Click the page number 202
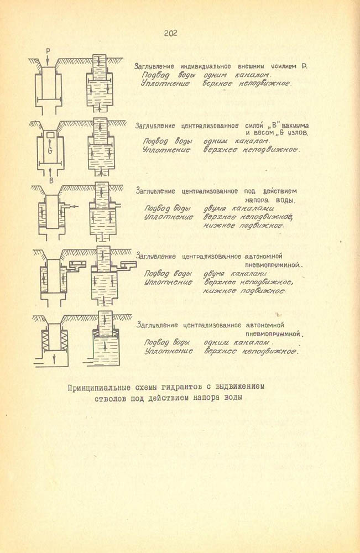[170, 34]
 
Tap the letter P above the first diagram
[48, 51]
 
